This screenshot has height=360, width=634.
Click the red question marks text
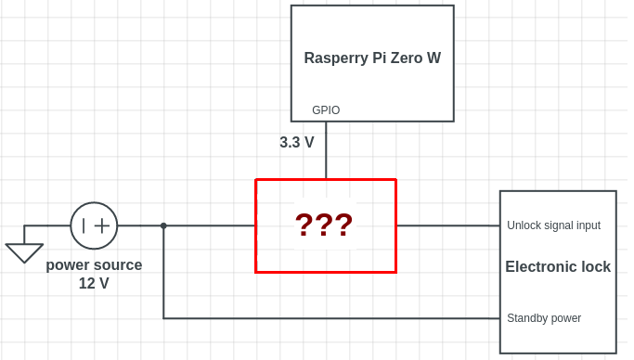tap(324, 225)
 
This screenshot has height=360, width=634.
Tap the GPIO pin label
tap(326, 110)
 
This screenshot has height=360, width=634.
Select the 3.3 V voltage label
tap(297, 143)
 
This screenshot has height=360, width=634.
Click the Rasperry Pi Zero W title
tap(372, 58)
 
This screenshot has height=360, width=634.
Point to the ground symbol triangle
tap(24, 251)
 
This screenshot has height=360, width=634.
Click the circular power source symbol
tap(94, 225)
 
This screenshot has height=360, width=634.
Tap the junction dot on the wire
tap(163, 225)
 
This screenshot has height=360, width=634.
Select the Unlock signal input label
tap(553, 225)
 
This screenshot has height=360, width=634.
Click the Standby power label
tap(544, 318)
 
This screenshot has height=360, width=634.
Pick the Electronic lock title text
tap(558, 267)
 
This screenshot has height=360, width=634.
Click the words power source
tap(94, 265)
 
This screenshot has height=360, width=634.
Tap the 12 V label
tap(94, 284)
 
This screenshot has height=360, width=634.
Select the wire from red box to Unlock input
tap(447, 225)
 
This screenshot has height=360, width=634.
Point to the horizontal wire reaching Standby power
tap(334, 318)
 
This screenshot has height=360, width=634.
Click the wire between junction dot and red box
tap(209, 225)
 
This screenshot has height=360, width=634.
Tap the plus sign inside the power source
tap(102, 225)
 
